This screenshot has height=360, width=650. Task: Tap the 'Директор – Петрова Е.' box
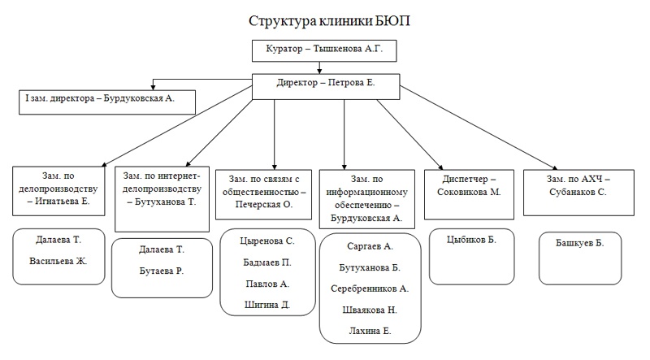tap(325, 83)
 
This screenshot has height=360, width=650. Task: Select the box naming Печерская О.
tap(262, 192)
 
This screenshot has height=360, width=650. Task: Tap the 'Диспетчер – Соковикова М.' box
tap(470, 193)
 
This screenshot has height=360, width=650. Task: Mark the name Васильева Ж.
tap(59, 262)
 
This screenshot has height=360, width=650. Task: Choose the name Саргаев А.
tap(370, 245)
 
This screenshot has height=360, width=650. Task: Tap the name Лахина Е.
tap(370, 331)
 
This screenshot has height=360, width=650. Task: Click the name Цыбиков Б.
tap(471, 241)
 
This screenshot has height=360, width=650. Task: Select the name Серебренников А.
tap(370, 288)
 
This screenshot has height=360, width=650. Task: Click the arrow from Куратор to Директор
tap(323, 67)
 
